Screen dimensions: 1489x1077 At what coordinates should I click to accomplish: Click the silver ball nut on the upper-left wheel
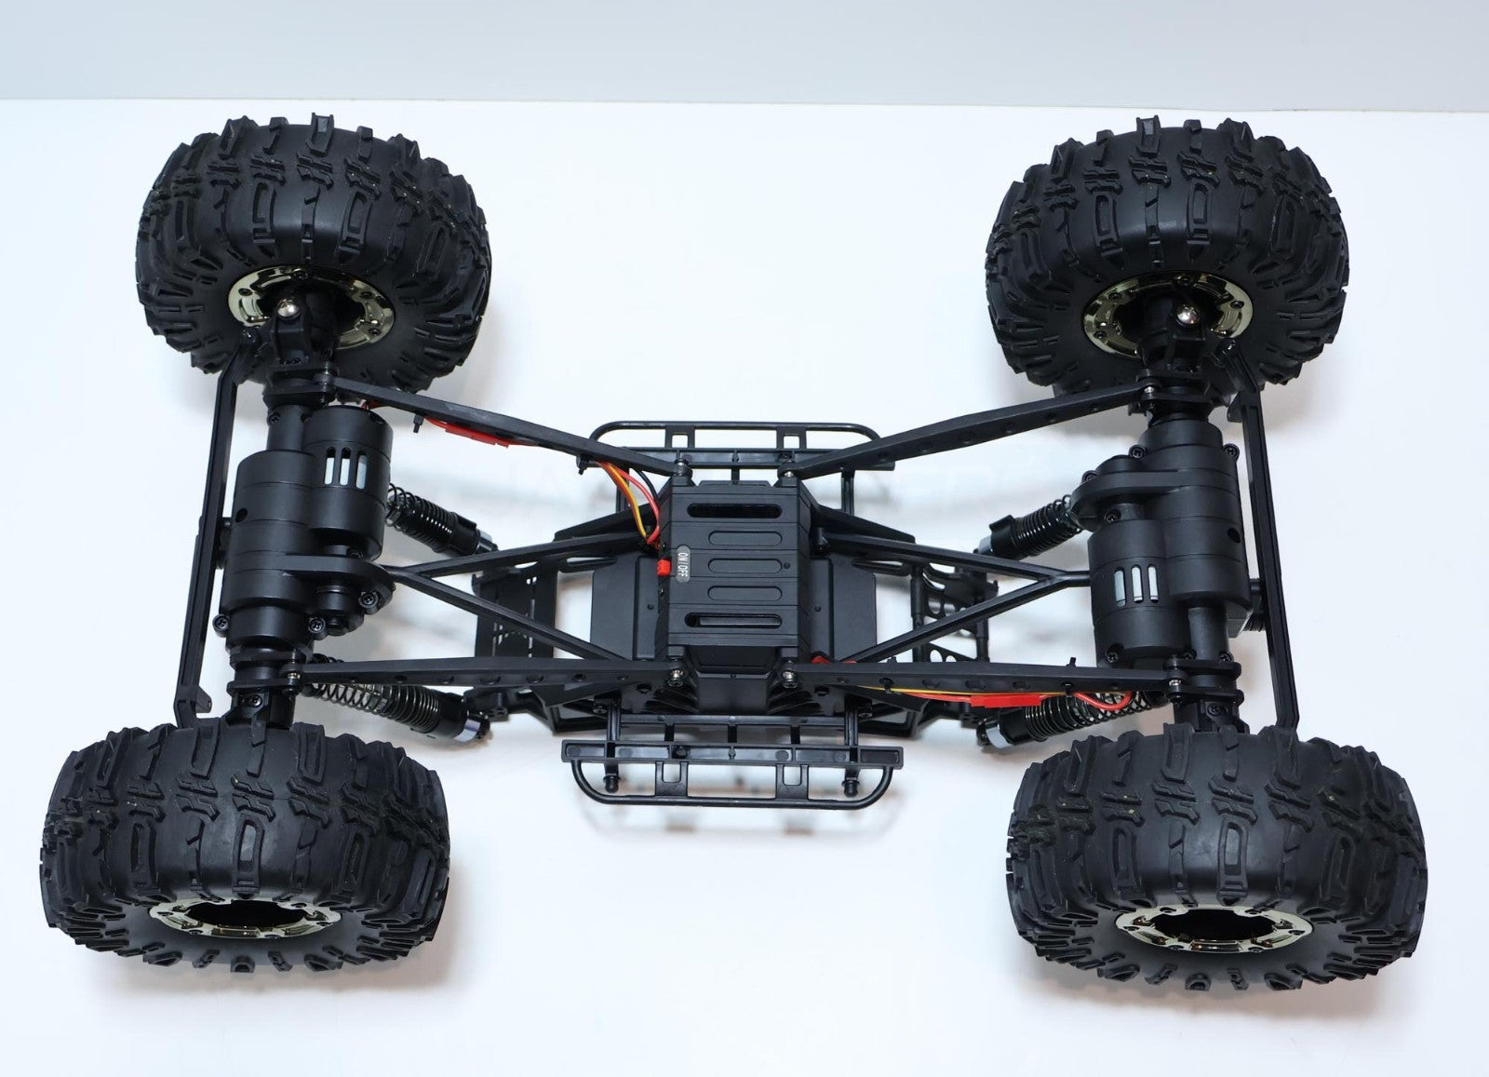coord(287,307)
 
